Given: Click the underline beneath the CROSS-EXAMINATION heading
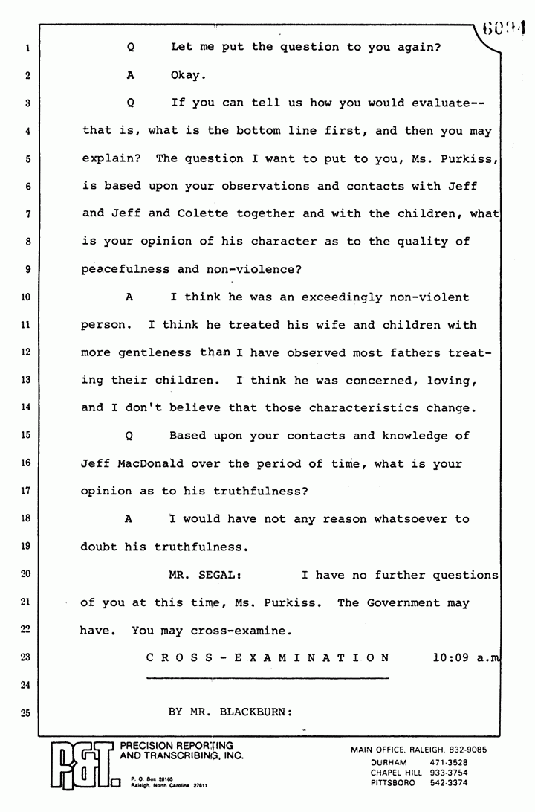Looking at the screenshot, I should (267, 677).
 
